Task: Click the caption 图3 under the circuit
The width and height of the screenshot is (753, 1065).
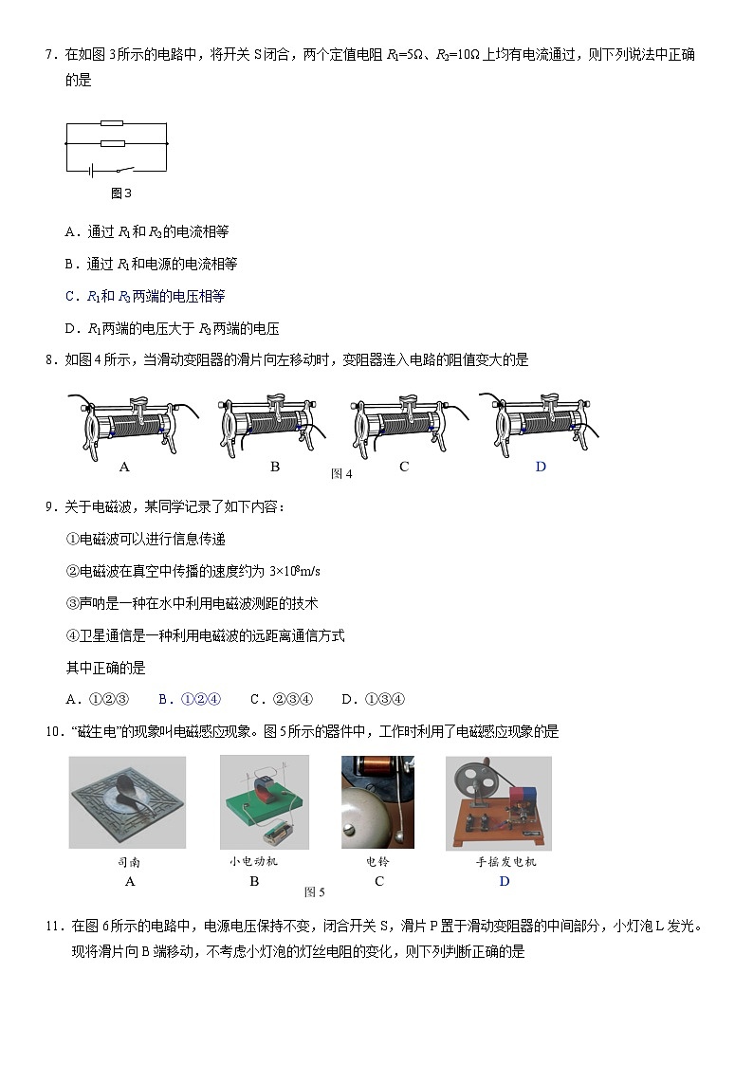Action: [x=120, y=193]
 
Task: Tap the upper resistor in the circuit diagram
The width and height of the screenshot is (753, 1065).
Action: [x=112, y=123]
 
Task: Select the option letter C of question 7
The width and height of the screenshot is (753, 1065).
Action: [x=70, y=296]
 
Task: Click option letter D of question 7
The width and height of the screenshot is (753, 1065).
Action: [x=70, y=329]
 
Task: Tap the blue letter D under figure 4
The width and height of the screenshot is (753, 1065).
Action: [x=541, y=467]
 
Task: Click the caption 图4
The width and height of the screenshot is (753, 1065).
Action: [x=341, y=473]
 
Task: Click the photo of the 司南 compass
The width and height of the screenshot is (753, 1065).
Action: [x=127, y=802]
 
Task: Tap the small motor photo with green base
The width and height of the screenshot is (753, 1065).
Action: [x=264, y=802]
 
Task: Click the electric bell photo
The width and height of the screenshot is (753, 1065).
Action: [x=377, y=802]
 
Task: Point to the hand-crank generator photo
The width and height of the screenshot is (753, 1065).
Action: [x=498, y=802]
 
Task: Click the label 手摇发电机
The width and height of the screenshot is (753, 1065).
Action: [x=505, y=862]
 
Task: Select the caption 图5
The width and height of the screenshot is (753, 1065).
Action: [x=314, y=891]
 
